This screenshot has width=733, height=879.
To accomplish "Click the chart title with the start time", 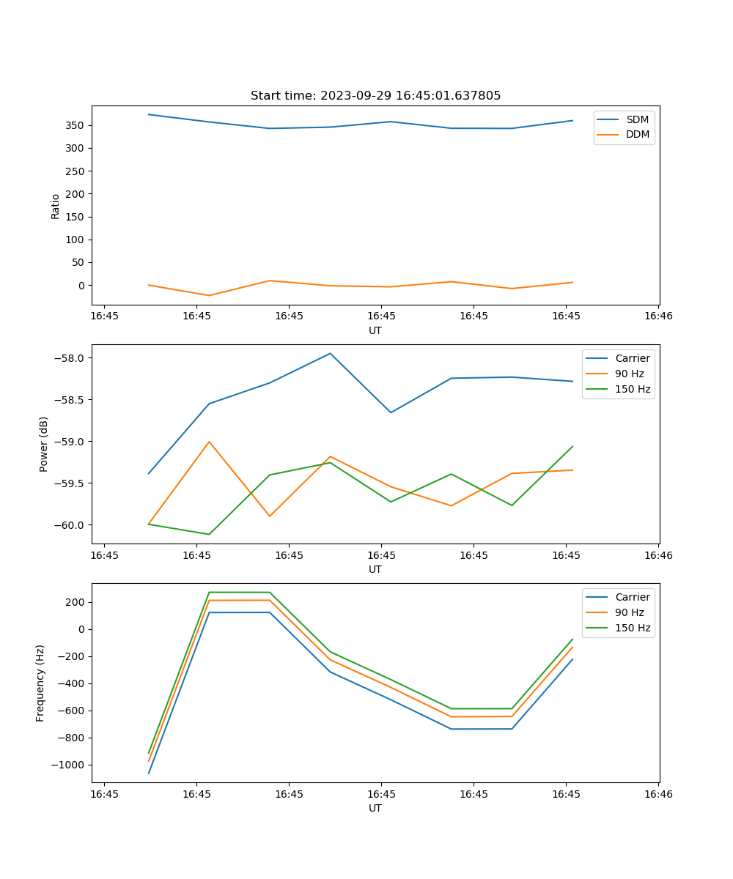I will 375,96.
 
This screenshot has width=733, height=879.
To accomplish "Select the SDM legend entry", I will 637,119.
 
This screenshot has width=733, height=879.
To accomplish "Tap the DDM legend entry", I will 637,134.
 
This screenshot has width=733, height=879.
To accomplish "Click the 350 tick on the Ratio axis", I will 77,125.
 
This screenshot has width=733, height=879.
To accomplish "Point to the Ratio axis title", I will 56,206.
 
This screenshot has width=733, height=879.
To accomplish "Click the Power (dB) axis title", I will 44,444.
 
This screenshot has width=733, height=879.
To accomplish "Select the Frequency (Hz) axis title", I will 41,683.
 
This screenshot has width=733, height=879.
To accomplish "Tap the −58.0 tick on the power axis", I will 70,358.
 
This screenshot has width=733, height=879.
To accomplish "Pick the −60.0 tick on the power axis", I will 70,525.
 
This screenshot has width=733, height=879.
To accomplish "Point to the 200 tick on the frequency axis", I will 75,602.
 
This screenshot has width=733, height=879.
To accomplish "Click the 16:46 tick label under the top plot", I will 658,316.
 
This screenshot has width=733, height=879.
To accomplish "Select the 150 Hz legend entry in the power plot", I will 633,389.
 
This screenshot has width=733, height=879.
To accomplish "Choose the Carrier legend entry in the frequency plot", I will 632,597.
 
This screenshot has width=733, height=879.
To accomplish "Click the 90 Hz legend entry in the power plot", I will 630,374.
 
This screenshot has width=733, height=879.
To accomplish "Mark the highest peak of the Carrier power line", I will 330,353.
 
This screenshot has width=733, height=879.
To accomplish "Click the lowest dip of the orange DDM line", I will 209,295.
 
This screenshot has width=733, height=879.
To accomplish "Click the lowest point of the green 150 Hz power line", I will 209,534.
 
